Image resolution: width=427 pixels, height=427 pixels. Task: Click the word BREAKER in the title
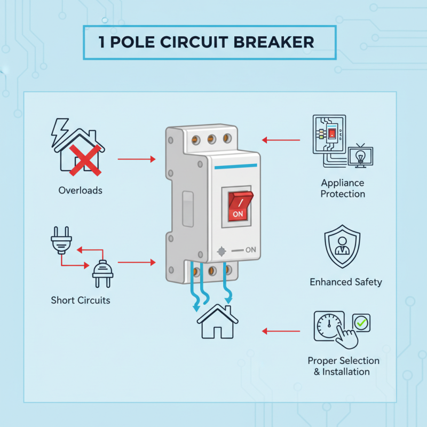point(274,42)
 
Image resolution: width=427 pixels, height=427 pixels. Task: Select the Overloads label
point(80,190)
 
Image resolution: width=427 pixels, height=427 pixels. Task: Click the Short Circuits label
point(81,300)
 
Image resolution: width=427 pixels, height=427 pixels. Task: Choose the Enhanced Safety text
point(346,282)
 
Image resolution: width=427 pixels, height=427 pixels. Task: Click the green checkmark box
point(361,323)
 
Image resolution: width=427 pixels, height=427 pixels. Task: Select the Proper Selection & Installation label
point(343,366)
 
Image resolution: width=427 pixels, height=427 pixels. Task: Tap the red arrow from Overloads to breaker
point(136,159)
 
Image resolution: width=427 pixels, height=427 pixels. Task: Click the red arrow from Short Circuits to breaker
point(136,262)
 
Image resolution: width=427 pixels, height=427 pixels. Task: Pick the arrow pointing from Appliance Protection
point(281,140)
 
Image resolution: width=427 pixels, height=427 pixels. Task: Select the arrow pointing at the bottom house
point(281,331)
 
